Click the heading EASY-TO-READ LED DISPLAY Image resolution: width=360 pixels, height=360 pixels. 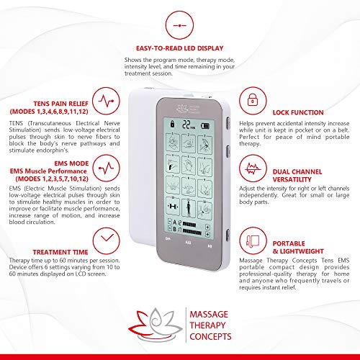coord(183,48)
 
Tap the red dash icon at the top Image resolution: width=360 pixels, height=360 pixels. coord(179,22)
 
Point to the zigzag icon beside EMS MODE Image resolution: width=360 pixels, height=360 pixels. coord(107,168)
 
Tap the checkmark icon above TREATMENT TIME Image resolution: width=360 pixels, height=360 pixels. coord(107,235)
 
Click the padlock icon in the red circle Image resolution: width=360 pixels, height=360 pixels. coord(250,99)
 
